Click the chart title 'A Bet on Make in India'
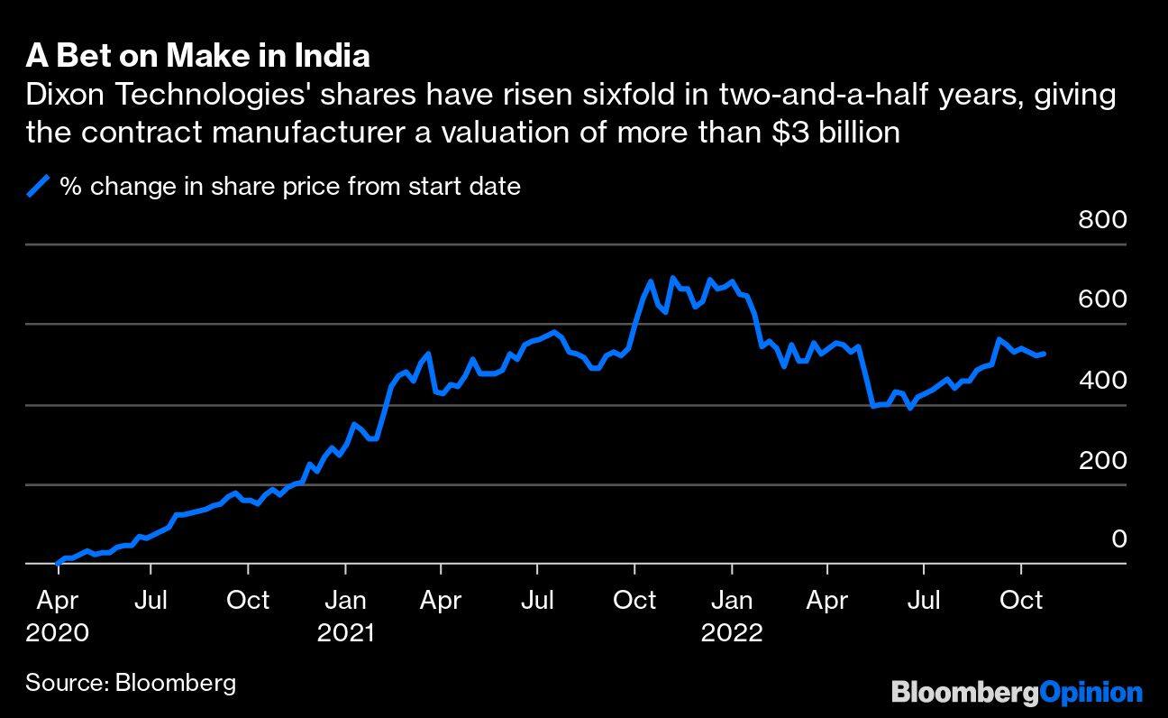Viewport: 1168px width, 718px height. pos(197,56)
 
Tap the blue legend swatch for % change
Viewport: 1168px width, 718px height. pos(38,187)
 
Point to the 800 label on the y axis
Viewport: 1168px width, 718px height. pos(1102,220)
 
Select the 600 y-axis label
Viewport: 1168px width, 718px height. pos(1102,299)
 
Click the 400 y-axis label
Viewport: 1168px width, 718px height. pos(1102,381)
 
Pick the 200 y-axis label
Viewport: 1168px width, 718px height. pos(1102,461)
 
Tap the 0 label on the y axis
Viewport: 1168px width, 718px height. pos(1118,539)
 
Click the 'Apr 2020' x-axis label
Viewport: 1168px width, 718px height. pos(57,616)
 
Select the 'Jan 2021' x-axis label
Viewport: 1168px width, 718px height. pos(345,616)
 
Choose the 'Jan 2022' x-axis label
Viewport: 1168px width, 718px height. pos(732,616)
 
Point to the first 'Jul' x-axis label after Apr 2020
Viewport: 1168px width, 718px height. pos(151,601)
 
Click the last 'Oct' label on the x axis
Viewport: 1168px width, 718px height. pos(1020,601)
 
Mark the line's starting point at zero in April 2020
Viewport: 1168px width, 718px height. pos(57,564)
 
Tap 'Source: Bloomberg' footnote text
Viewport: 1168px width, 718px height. pos(131,682)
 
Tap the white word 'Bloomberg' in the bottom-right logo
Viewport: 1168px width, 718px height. pos(963,693)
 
